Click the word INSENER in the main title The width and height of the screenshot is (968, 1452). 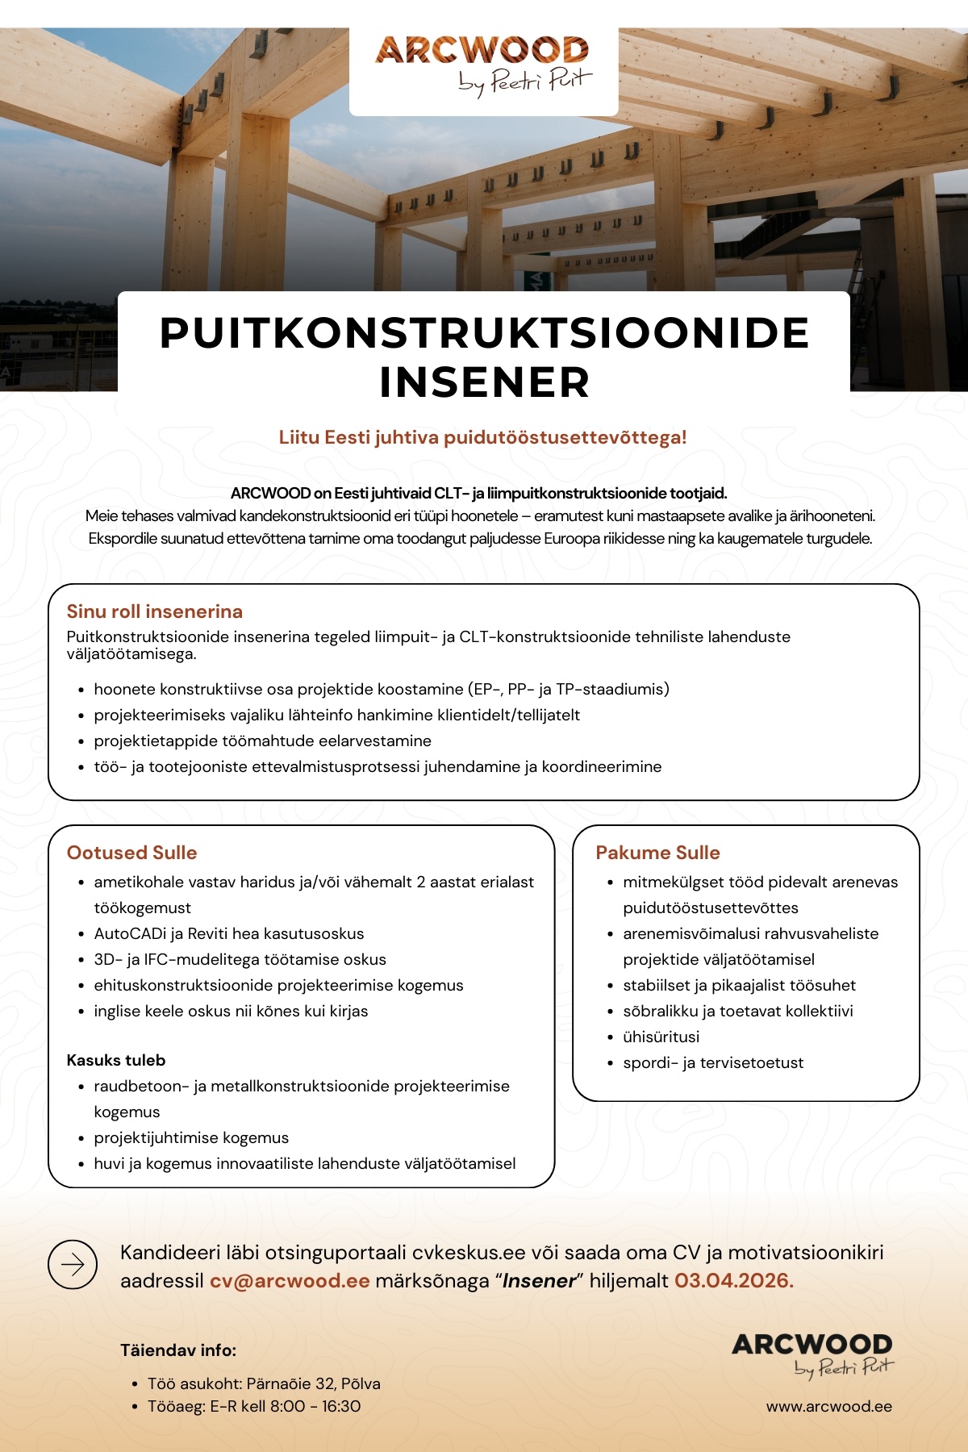click(485, 382)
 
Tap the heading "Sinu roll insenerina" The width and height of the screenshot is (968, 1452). click(155, 611)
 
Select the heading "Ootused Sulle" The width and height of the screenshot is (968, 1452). click(131, 853)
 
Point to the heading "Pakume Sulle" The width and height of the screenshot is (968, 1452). click(657, 853)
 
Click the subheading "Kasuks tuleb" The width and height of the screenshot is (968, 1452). click(116, 1060)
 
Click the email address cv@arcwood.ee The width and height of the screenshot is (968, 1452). click(290, 1281)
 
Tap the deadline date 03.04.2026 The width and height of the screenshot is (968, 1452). click(733, 1281)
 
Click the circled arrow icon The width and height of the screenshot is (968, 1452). click(73, 1264)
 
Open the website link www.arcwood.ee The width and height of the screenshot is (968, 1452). click(828, 1406)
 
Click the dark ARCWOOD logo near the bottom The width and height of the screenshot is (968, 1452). click(812, 1354)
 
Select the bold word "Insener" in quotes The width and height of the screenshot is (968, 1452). click(539, 1281)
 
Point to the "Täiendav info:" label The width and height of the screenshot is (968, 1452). click(178, 1350)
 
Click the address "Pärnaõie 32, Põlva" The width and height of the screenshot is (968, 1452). click(313, 1383)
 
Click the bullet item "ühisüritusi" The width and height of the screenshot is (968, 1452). click(661, 1037)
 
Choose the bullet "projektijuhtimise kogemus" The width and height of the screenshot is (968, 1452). click(191, 1137)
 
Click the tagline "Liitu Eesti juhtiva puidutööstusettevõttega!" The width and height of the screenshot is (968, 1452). click(482, 437)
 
